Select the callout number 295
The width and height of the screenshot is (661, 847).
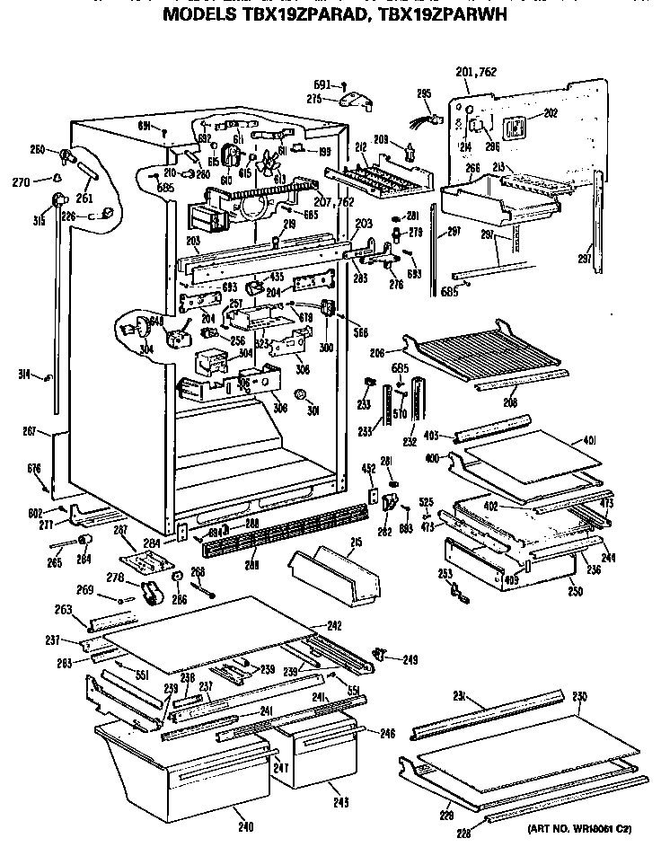tap(424, 93)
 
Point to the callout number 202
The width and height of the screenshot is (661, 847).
tap(551, 113)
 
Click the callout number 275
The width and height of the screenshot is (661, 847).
tap(314, 100)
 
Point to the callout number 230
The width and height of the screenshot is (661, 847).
tap(579, 695)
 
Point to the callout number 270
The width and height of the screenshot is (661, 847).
tap(20, 181)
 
